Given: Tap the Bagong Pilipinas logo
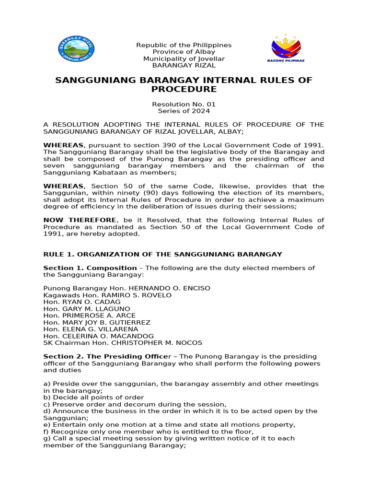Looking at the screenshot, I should (286, 48).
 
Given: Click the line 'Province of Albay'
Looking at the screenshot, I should (184, 52).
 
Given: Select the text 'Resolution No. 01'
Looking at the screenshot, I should (184, 104).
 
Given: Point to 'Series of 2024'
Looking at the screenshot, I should (184, 111).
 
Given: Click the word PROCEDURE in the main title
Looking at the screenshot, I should (184, 90).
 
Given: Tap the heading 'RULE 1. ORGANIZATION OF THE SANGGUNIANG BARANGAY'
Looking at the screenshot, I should (162, 254).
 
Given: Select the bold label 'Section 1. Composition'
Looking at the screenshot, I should (90, 268).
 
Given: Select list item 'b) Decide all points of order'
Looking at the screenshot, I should (93, 397).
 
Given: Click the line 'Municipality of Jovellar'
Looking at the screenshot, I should (184, 58).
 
